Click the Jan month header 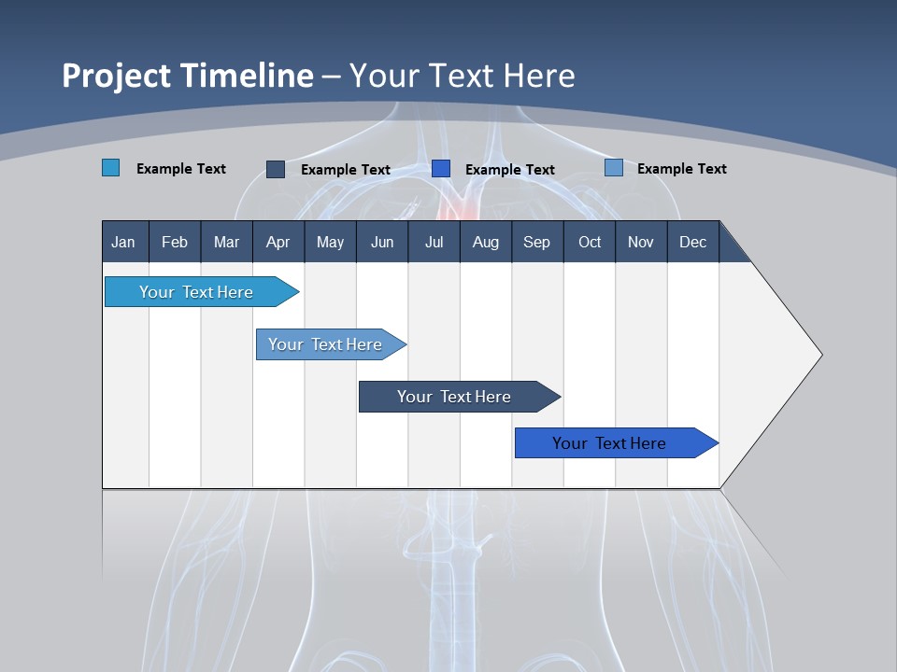pyautogui.click(x=123, y=242)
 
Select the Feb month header pyautogui.click(x=175, y=242)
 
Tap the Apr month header pyautogui.click(x=278, y=242)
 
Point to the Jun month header pyautogui.click(x=382, y=242)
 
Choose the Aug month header pyautogui.click(x=485, y=242)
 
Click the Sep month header pyautogui.click(x=536, y=242)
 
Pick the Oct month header pyautogui.click(x=590, y=242)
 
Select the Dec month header pyautogui.click(x=692, y=242)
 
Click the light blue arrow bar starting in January pyautogui.click(x=196, y=292)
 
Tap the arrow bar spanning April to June pyautogui.click(x=325, y=344)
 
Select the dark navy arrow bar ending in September pyautogui.click(x=454, y=397)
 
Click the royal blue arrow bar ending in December pyautogui.click(x=609, y=443)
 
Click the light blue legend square pyautogui.click(x=110, y=168)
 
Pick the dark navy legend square pyautogui.click(x=276, y=169)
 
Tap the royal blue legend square pyautogui.click(x=441, y=169)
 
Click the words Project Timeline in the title pyautogui.click(x=187, y=76)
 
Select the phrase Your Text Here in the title pyautogui.click(x=463, y=76)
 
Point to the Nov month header pyautogui.click(x=641, y=242)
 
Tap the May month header pyautogui.click(x=330, y=242)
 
